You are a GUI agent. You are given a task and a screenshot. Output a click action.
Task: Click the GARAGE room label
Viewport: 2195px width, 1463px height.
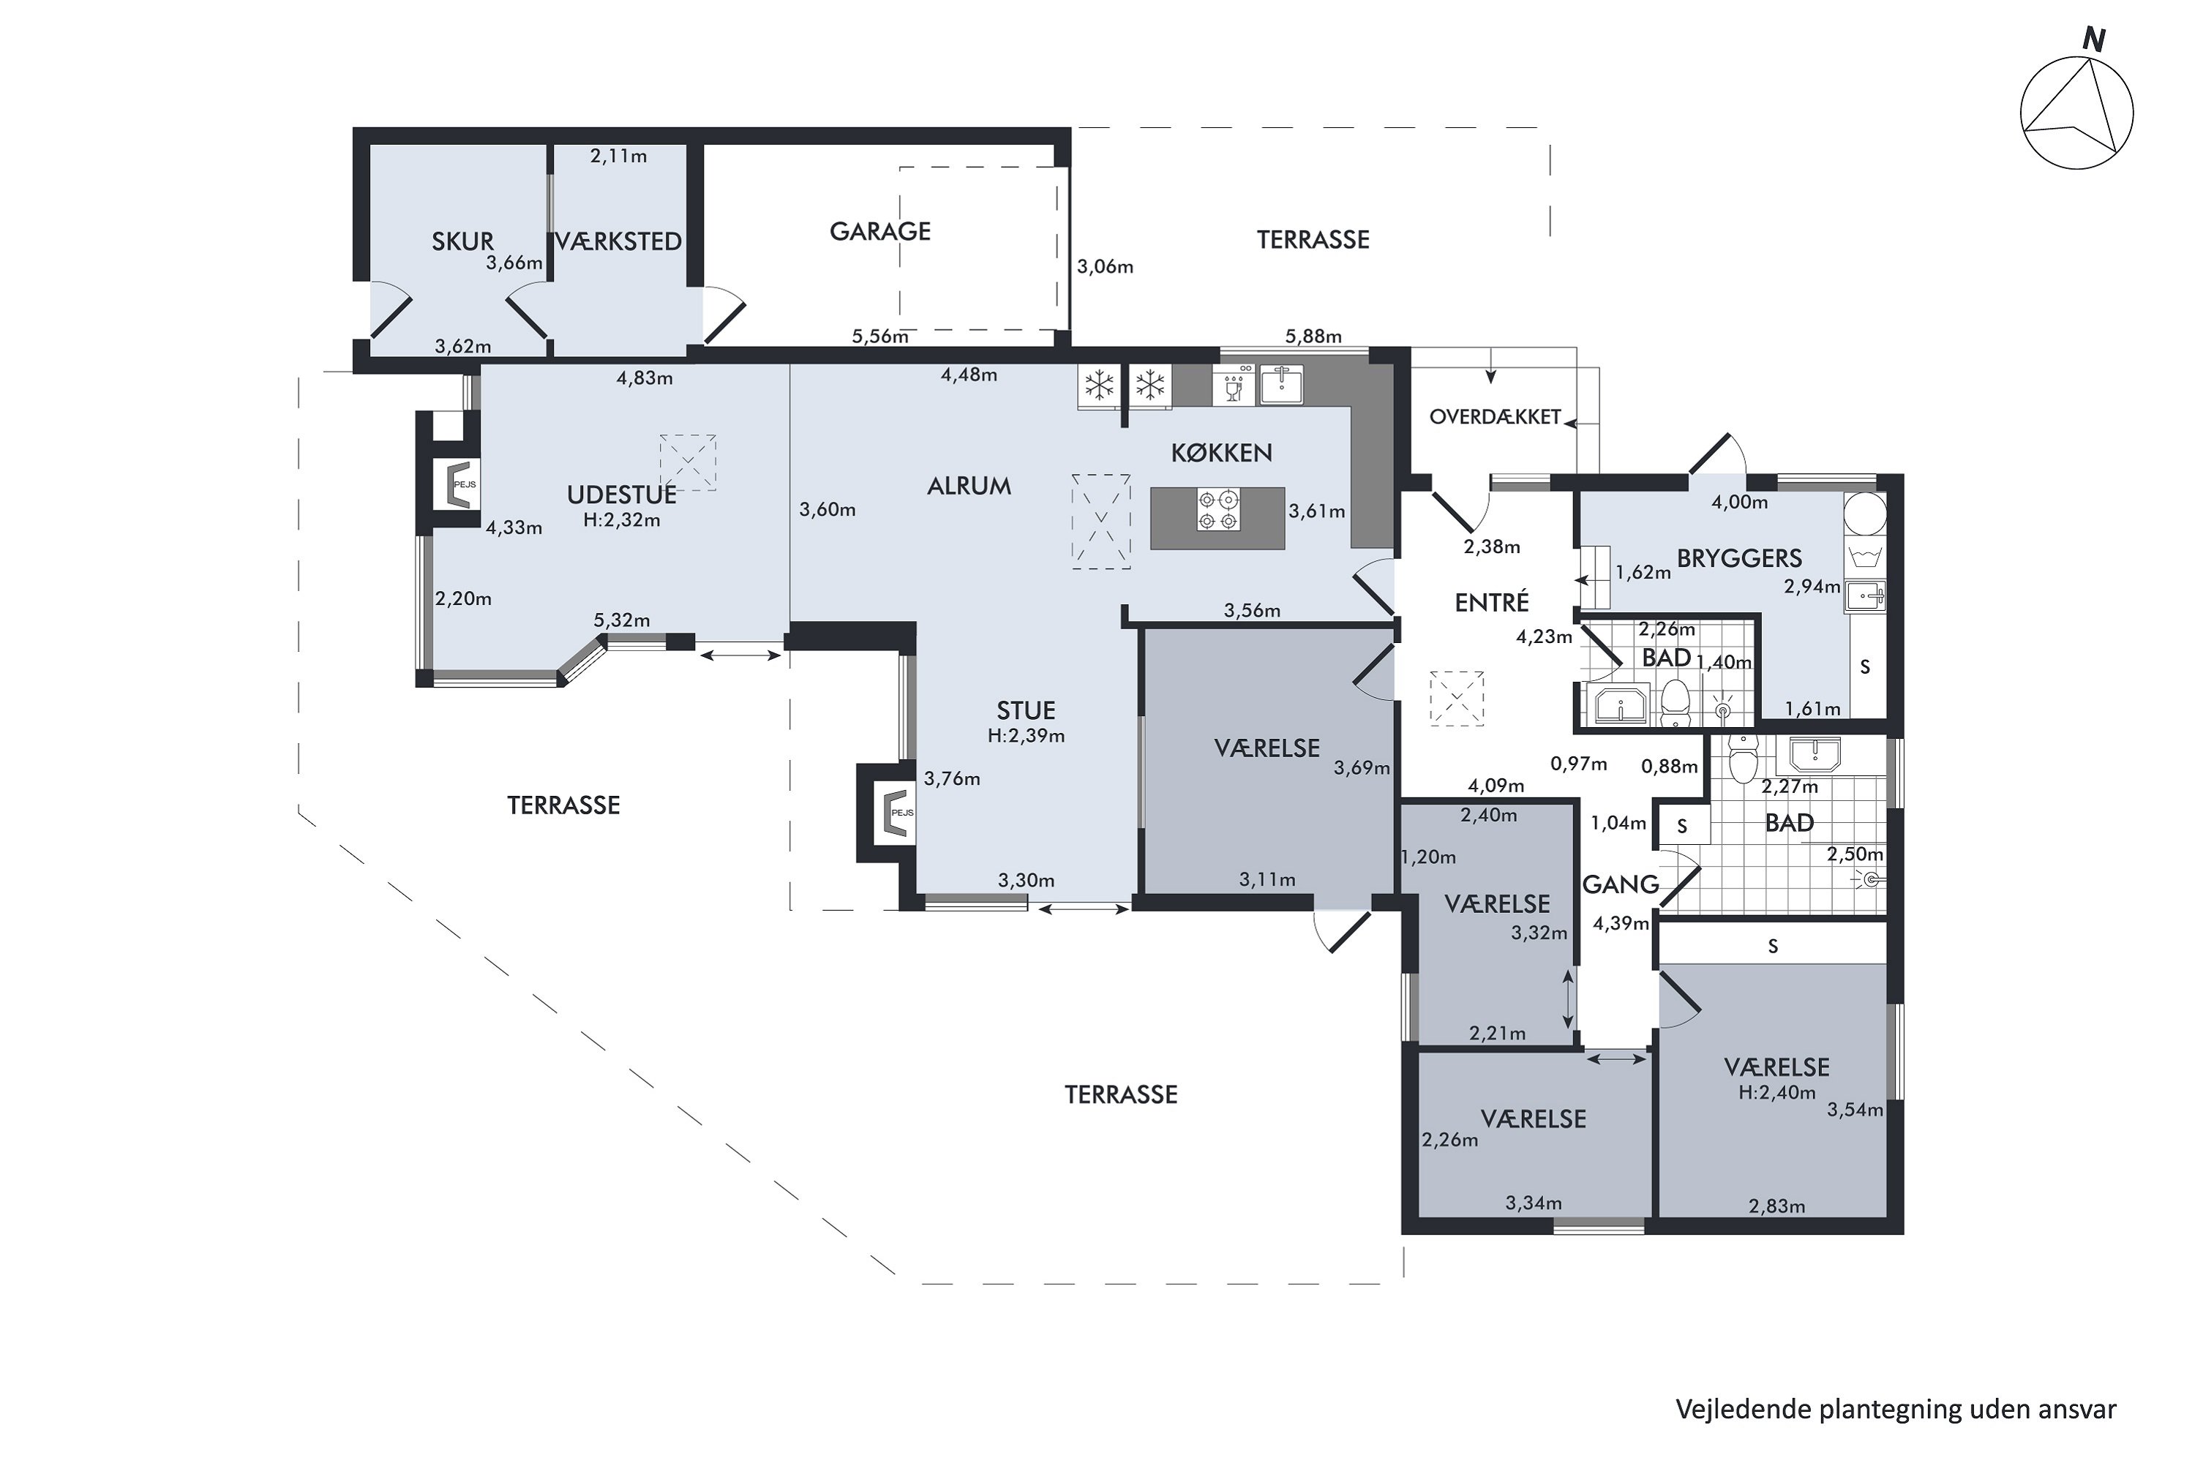click(880, 230)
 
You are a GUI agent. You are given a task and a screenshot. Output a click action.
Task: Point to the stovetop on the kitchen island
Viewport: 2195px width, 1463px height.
click(1219, 511)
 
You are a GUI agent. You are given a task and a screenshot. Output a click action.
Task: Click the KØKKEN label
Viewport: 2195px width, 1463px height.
click(1222, 453)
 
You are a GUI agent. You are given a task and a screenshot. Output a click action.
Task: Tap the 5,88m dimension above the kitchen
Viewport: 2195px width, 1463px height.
click(1313, 336)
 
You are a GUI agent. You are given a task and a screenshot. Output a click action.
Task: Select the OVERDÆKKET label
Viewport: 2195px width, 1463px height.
click(1495, 417)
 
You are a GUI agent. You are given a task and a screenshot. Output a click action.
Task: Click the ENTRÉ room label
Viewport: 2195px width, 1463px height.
click(1491, 602)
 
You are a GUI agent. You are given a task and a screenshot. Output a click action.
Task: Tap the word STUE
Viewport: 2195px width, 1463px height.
click(1026, 710)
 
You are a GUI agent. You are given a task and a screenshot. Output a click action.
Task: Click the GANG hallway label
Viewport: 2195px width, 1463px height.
click(1621, 884)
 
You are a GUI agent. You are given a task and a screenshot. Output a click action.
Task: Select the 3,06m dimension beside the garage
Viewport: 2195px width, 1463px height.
click(1105, 267)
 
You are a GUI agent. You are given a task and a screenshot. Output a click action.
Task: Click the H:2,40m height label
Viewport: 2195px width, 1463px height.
click(1777, 1091)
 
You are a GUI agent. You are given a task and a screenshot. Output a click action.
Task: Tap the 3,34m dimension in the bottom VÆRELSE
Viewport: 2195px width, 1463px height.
click(1534, 1203)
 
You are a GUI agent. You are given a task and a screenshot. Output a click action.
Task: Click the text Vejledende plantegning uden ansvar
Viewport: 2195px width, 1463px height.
click(1896, 1409)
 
